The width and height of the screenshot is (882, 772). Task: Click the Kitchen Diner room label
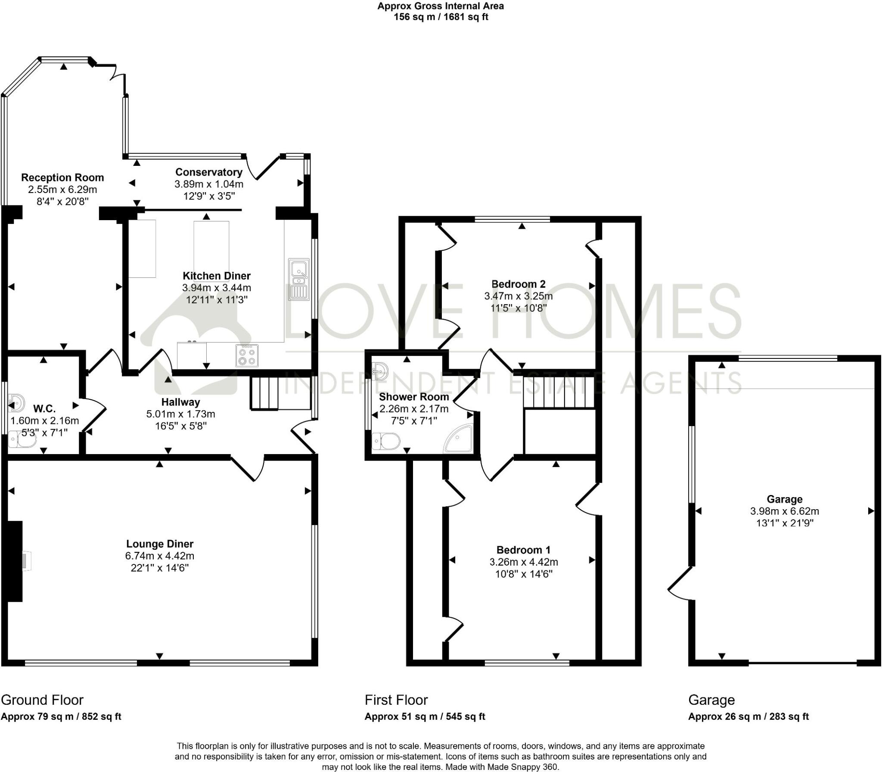[216, 276]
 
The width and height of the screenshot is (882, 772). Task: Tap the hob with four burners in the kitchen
[247, 355]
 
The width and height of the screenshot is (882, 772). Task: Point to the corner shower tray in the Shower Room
[460, 439]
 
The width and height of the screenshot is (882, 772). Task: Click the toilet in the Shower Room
[386, 442]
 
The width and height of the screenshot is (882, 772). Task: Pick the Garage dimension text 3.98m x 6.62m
[784, 511]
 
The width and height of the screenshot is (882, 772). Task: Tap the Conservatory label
[209, 172]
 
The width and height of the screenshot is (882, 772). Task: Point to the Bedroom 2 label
[518, 284]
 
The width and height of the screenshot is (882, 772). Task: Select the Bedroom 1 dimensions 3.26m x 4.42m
[523, 562]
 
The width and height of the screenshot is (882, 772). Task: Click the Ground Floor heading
[42, 700]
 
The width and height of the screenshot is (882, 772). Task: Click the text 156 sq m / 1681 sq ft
[441, 17]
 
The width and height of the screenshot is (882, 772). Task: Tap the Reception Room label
[62, 177]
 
